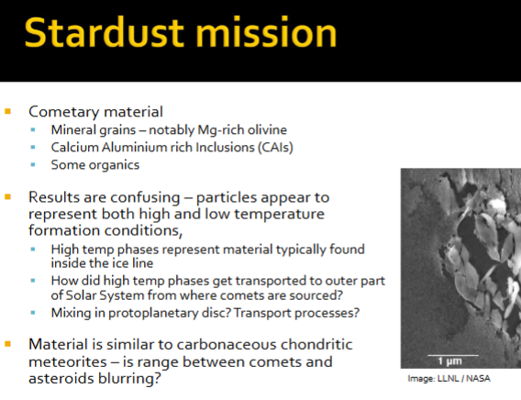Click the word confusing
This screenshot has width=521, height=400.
[147, 197]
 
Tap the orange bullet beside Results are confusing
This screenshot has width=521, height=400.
[9, 197]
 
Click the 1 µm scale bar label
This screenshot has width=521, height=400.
[442, 359]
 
